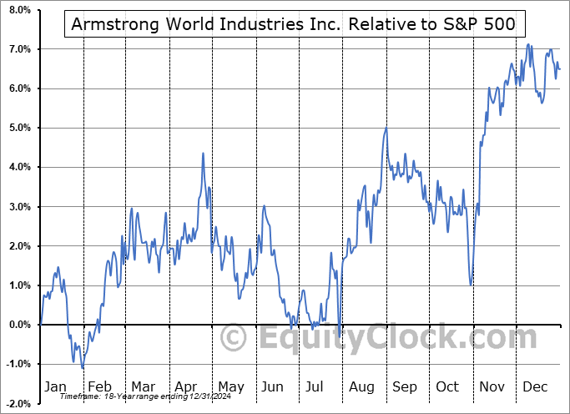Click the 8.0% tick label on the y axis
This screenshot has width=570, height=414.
18,10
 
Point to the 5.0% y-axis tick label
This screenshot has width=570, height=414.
18,128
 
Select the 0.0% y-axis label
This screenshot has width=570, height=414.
18,325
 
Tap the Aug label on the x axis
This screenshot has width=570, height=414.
362,386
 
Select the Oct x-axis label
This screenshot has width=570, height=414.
448,386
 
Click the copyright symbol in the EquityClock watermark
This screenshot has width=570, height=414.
232,338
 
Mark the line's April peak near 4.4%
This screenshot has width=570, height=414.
202,154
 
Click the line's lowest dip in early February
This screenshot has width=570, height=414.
83,367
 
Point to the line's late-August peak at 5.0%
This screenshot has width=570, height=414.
386,129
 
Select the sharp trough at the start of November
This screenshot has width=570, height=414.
471,285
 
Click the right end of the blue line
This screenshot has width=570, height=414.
560,69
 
